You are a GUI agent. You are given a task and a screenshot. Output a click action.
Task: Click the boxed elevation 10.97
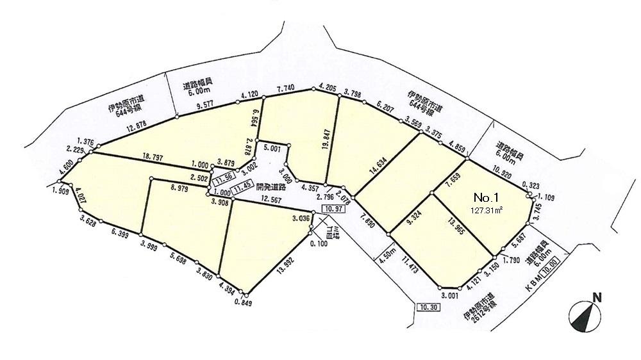point(331,209)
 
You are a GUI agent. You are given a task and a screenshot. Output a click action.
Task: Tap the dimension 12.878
point(141,131)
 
